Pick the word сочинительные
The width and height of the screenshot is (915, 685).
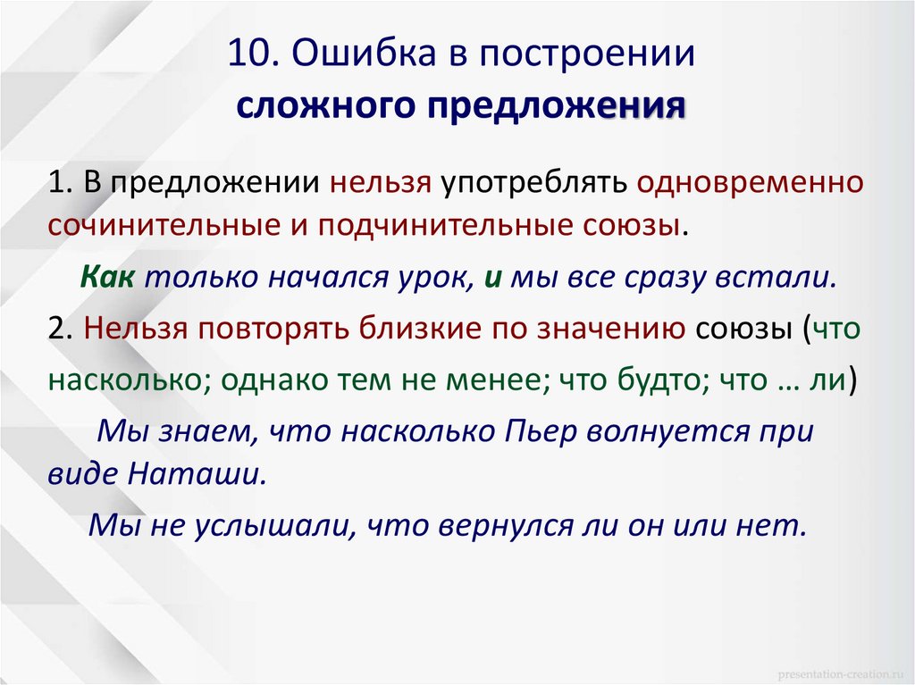coord(164,224)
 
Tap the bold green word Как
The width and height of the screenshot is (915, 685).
coord(106,277)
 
